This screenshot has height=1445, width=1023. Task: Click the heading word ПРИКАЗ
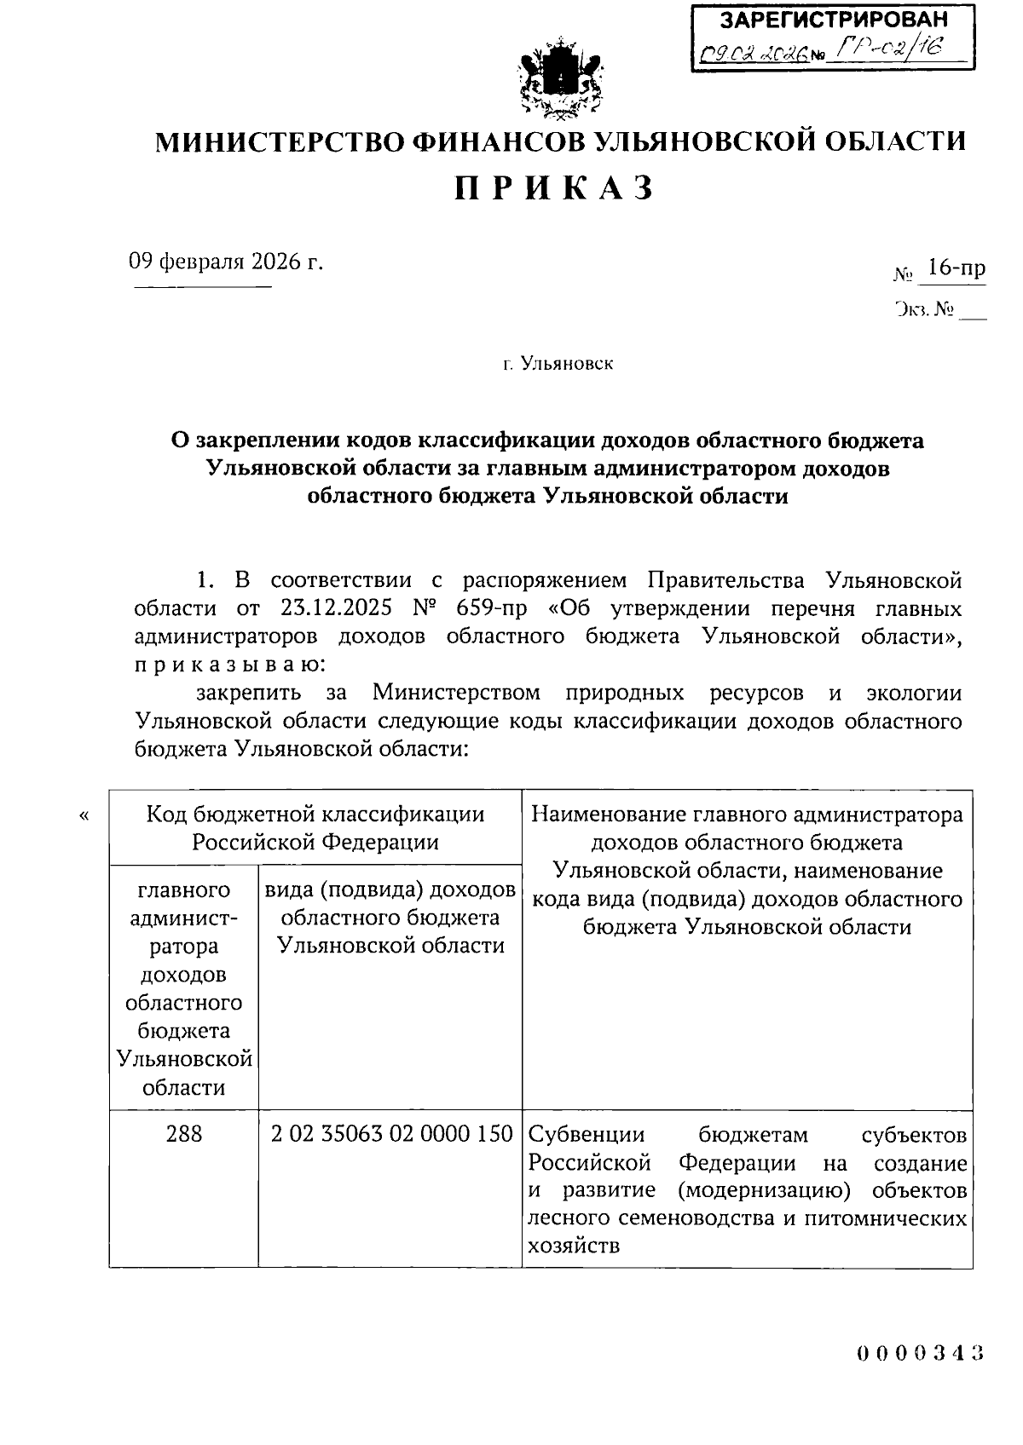coord(555,187)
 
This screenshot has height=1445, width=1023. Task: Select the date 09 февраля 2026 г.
coord(227,261)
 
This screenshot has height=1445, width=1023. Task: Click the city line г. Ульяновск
coord(558,365)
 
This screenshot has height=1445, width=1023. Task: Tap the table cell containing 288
coord(184,1135)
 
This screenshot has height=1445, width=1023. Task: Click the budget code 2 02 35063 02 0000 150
coord(391,1135)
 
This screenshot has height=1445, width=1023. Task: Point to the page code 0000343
coord(921,1352)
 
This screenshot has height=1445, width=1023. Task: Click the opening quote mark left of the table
coord(84,816)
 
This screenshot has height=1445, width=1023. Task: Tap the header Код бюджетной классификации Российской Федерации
coord(315,828)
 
